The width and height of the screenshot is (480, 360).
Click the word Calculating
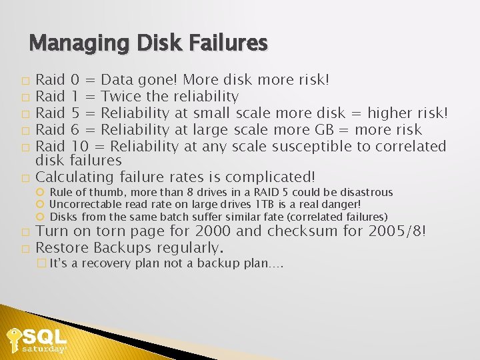pos(75,177)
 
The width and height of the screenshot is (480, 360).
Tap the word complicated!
pos(270,177)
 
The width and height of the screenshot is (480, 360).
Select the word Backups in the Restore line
pos(123,248)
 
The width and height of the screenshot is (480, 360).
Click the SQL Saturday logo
pos(37,339)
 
